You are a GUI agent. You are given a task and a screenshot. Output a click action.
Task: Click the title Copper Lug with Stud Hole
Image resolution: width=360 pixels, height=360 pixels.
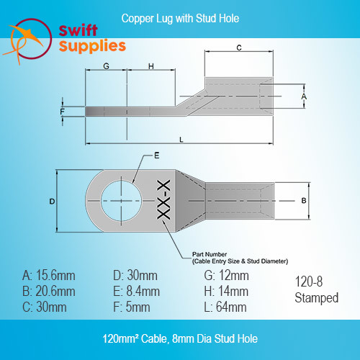180,19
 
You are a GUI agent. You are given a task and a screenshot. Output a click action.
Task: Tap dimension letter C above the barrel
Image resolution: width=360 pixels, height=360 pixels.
239,48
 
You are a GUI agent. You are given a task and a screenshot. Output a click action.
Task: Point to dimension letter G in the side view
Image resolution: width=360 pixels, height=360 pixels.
106,66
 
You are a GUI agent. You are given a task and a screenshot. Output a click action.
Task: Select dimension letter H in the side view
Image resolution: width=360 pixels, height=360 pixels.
151,66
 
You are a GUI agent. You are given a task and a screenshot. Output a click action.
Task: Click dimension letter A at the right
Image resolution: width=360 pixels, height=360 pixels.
304,96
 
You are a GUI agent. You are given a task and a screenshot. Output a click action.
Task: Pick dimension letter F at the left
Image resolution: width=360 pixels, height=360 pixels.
62,112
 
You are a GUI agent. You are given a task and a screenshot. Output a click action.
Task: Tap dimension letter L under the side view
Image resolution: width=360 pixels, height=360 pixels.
181,140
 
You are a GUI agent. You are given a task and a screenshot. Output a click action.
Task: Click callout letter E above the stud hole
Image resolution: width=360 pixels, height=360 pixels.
157,156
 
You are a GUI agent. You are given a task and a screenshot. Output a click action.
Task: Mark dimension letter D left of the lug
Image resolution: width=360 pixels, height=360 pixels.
52,202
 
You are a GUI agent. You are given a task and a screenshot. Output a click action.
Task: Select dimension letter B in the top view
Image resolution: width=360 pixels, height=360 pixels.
304,201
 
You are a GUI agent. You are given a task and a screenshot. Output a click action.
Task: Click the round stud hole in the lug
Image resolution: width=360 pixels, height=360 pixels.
121,201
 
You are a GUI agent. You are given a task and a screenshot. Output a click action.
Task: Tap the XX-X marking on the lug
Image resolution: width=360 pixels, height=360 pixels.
163,199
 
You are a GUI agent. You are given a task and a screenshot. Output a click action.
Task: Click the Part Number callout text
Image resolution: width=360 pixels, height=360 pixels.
240,258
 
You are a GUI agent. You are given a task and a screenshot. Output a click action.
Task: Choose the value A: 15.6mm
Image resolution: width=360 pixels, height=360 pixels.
49,276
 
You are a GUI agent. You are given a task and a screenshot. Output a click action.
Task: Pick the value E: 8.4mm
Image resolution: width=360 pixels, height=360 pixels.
136,292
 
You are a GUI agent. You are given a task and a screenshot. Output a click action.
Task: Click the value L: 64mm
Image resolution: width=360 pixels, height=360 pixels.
225,307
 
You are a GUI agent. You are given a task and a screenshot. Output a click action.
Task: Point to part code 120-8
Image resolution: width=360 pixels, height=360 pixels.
309,282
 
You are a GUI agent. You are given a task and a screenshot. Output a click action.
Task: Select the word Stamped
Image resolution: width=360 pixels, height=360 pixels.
317,298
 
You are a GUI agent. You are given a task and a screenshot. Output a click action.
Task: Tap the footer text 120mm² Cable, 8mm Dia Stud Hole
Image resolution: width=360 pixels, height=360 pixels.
180,338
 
